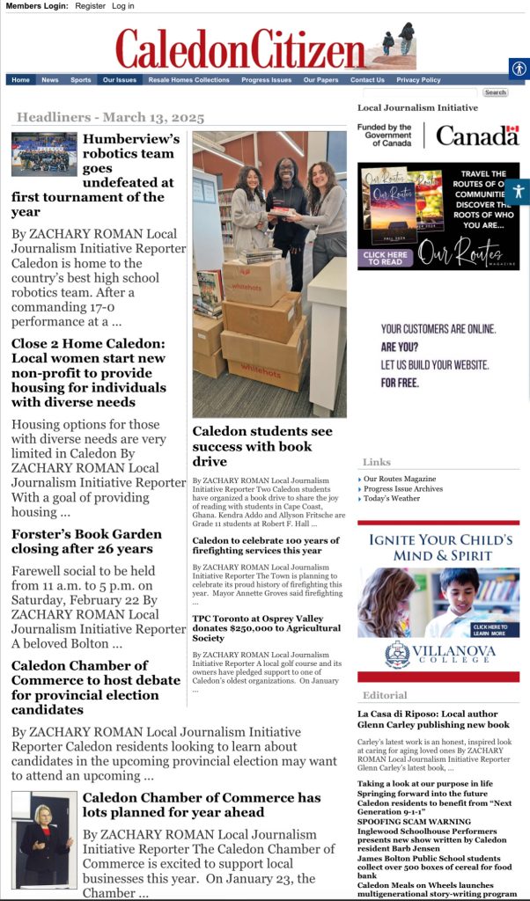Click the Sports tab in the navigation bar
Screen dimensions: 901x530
coord(80,80)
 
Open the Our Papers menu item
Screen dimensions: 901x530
coord(320,80)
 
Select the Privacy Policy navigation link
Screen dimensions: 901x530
coord(418,80)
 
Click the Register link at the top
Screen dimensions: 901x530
coord(90,6)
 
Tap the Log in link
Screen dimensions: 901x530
coord(123,6)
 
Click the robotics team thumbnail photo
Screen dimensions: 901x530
coord(44,154)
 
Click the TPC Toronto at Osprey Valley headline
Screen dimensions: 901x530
coord(266,623)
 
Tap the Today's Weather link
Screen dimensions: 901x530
coord(393,499)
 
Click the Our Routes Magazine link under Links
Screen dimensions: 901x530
coord(401,480)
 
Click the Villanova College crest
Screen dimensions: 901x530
coord(397,654)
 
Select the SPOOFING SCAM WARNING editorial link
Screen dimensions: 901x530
coord(401,821)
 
